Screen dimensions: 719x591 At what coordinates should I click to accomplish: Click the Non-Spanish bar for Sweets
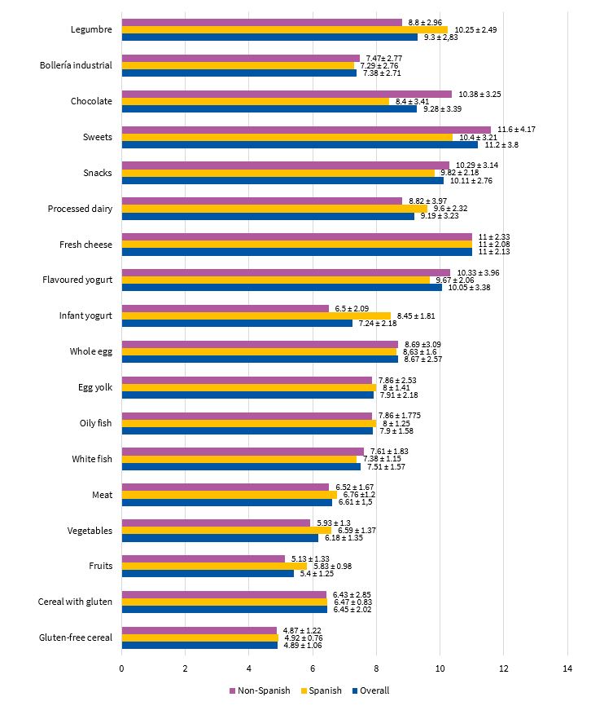(x=306, y=130)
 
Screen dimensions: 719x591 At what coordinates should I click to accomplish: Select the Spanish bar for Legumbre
(x=284, y=29)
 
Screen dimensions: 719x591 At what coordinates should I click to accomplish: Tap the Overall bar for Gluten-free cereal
(x=199, y=645)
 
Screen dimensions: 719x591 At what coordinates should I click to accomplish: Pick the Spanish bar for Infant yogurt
(x=256, y=315)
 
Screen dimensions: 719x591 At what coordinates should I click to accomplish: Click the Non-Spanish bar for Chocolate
(x=287, y=94)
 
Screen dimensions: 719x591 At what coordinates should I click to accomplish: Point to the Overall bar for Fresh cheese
(x=296, y=252)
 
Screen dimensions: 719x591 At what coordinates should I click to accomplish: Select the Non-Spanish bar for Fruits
(x=204, y=558)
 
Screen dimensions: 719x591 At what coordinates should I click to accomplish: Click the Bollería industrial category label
(x=76, y=65)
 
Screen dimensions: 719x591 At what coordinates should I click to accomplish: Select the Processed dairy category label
(x=81, y=209)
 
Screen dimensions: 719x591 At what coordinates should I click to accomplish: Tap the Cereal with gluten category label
(x=75, y=602)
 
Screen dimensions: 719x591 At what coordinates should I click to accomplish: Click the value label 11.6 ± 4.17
(x=517, y=130)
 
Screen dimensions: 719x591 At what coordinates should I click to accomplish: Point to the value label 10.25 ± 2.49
(x=473, y=29)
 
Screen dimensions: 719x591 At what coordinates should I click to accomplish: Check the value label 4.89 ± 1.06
(x=302, y=646)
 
